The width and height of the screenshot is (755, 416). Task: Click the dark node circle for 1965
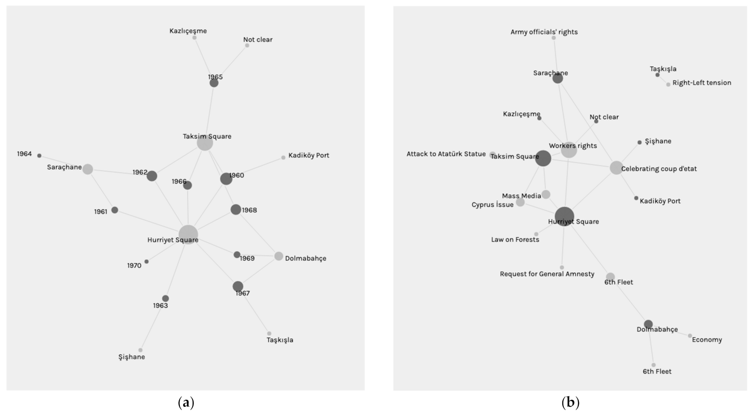tap(214, 83)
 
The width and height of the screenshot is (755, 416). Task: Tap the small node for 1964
tap(39, 156)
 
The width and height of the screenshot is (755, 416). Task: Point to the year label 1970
tap(134, 266)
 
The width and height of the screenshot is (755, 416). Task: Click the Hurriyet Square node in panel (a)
tap(188, 234)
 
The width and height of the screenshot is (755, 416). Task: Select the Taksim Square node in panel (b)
tap(543, 158)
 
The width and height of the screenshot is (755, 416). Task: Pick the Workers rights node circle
tap(569, 150)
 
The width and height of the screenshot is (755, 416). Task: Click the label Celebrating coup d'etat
tap(659, 169)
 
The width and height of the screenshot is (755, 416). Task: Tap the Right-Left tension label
tap(702, 83)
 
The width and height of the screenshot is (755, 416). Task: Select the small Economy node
tap(690, 336)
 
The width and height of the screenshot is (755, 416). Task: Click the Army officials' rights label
tap(544, 32)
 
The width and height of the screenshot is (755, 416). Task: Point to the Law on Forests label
tap(515, 240)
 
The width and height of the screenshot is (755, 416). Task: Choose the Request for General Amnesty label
tap(547, 274)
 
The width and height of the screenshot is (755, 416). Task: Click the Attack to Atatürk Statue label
tap(446, 154)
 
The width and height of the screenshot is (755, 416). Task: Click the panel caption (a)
tap(186, 402)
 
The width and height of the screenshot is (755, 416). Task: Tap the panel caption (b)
tap(570, 402)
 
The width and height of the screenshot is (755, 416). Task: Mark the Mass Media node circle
tap(546, 194)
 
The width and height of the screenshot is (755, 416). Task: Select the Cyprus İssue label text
tap(492, 205)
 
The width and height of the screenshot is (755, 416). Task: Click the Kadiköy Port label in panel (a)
tap(309, 156)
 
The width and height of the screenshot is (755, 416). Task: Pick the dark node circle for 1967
tap(238, 286)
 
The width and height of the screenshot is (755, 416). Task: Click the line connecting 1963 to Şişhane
tap(153, 324)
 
